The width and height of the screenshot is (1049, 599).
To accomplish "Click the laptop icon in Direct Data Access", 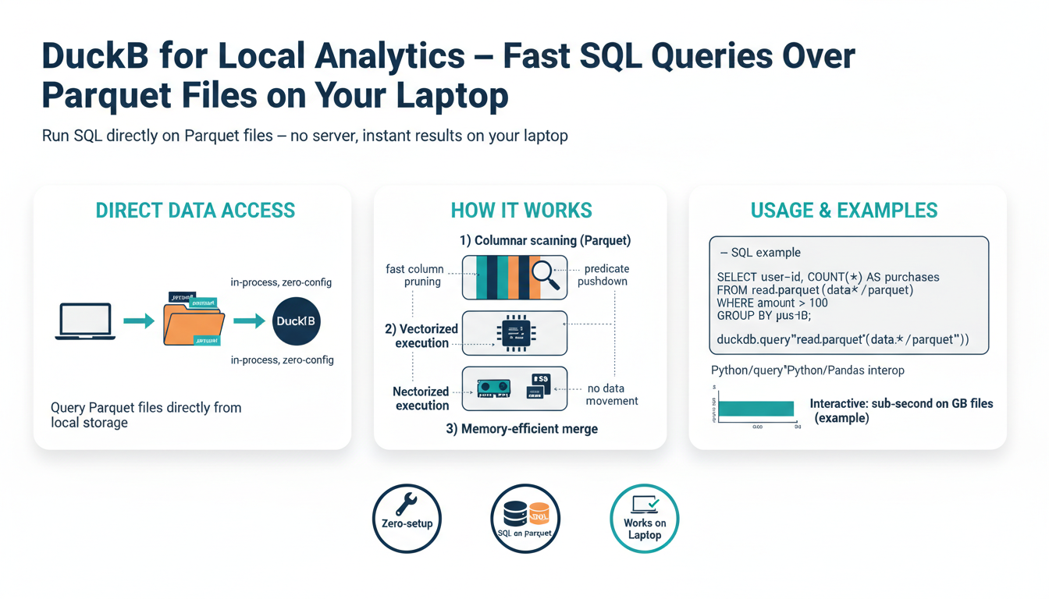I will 85,321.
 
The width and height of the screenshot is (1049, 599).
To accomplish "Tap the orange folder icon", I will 194,323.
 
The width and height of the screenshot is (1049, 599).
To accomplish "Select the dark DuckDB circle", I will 296,321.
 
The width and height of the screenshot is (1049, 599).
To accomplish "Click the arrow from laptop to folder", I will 139,321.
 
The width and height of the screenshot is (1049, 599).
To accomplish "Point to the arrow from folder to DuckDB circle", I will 249,321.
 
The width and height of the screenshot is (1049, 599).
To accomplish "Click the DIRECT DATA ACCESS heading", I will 195,211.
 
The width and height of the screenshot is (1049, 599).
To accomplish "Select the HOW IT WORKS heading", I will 521,211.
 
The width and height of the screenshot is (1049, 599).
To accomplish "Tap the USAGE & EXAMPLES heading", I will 844,211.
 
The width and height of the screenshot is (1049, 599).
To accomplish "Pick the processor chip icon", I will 514,333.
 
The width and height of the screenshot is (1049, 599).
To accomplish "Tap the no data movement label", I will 613,394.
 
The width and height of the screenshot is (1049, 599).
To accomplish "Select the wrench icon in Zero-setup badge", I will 406,505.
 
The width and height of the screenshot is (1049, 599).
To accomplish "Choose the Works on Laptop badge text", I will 645,529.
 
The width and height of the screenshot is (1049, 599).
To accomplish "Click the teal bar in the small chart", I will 756,409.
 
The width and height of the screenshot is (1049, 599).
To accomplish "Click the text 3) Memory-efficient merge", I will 521,428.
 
